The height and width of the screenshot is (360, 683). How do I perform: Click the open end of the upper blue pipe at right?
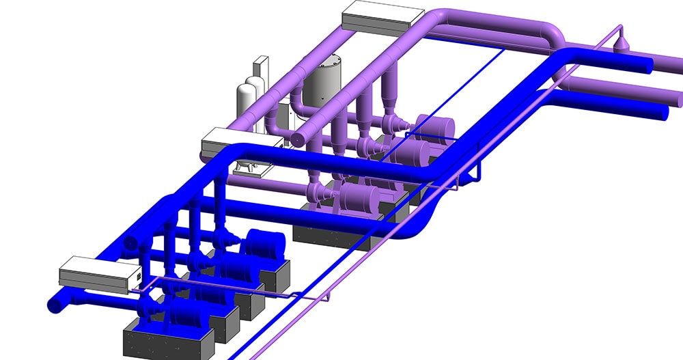click(x=646, y=64)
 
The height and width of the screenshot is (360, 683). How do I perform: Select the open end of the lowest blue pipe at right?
click(x=662, y=113)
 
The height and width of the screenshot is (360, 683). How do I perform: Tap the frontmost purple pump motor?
click(x=362, y=198)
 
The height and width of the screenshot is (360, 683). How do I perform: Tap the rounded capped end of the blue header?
click(x=131, y=241)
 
